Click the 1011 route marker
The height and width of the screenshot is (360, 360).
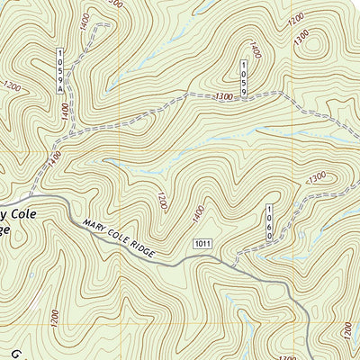click(x=202, y=245)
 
